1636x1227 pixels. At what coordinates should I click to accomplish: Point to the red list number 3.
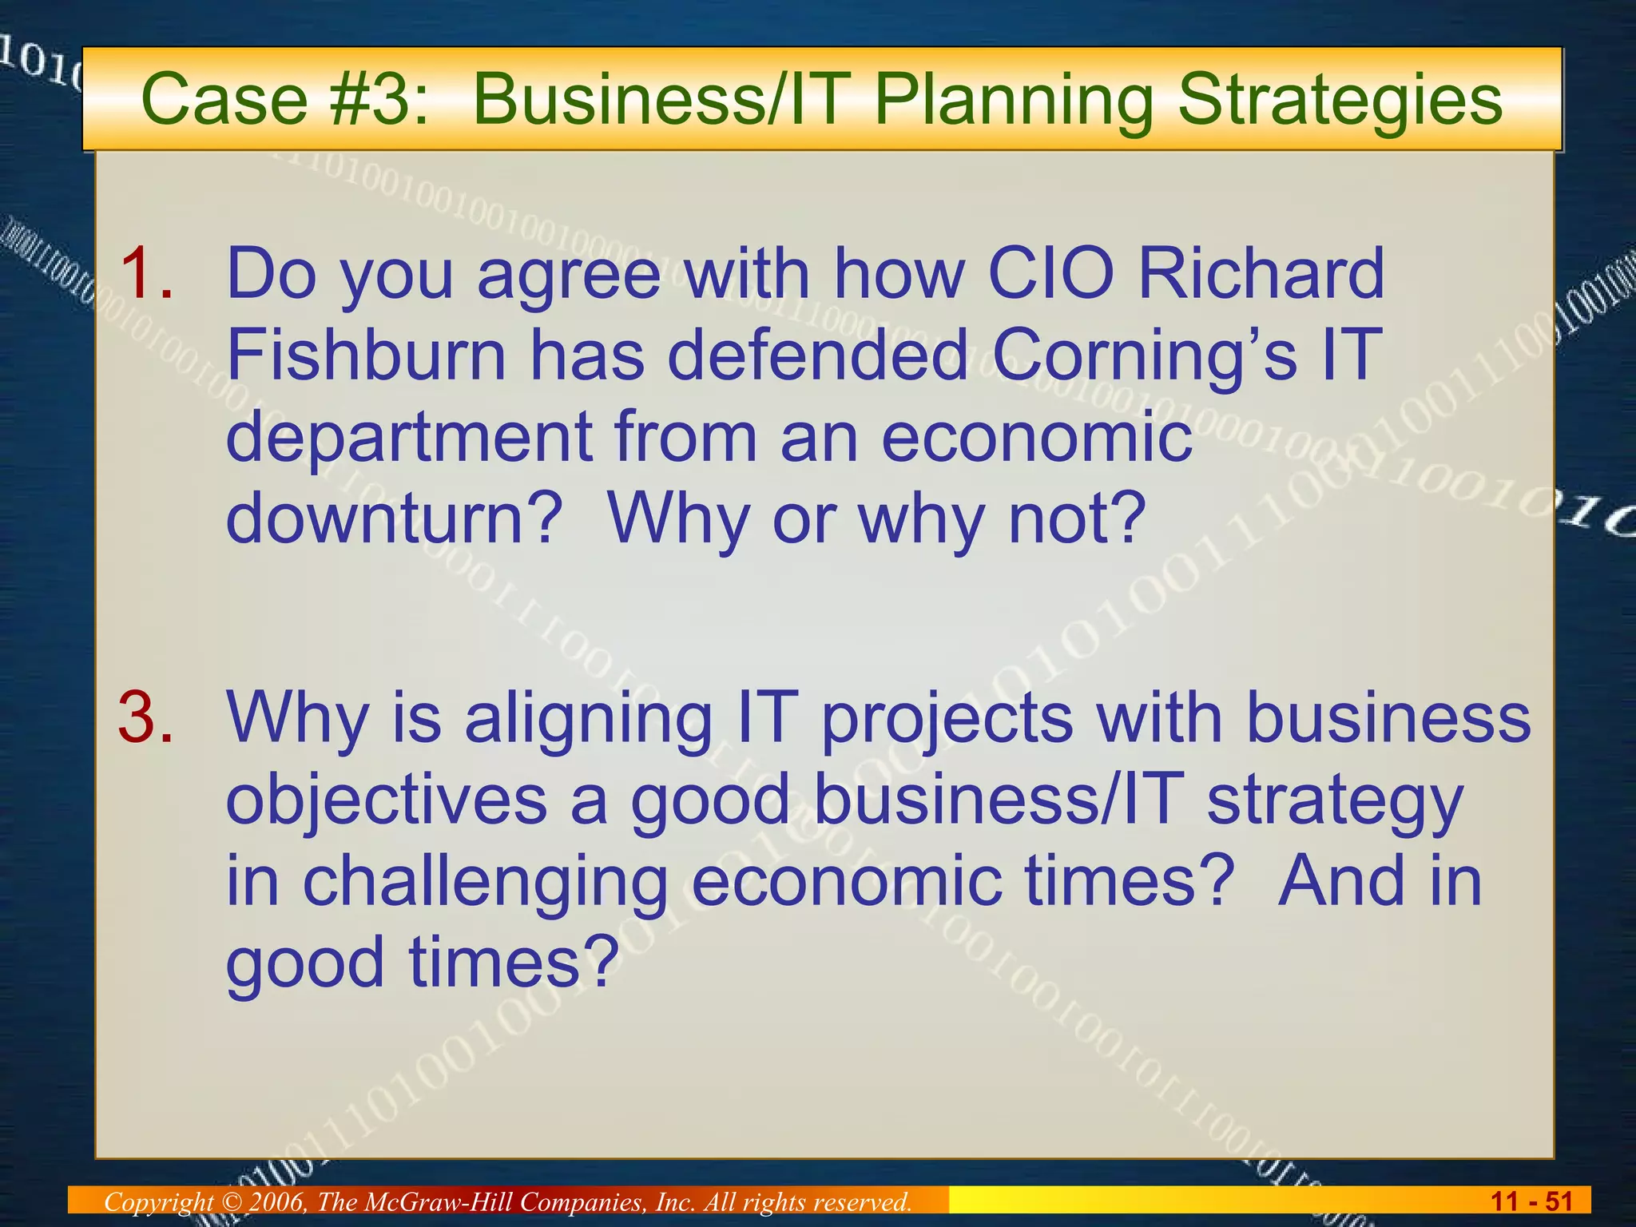coord(145,717)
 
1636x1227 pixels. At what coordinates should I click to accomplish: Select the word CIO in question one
coord(1050,273)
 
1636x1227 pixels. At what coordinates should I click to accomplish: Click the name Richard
coord(1261,273)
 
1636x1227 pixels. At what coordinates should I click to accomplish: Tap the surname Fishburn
coord(367,355)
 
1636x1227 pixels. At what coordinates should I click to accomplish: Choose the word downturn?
coord(395,518)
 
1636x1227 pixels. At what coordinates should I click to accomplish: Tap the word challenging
coord(485,884)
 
